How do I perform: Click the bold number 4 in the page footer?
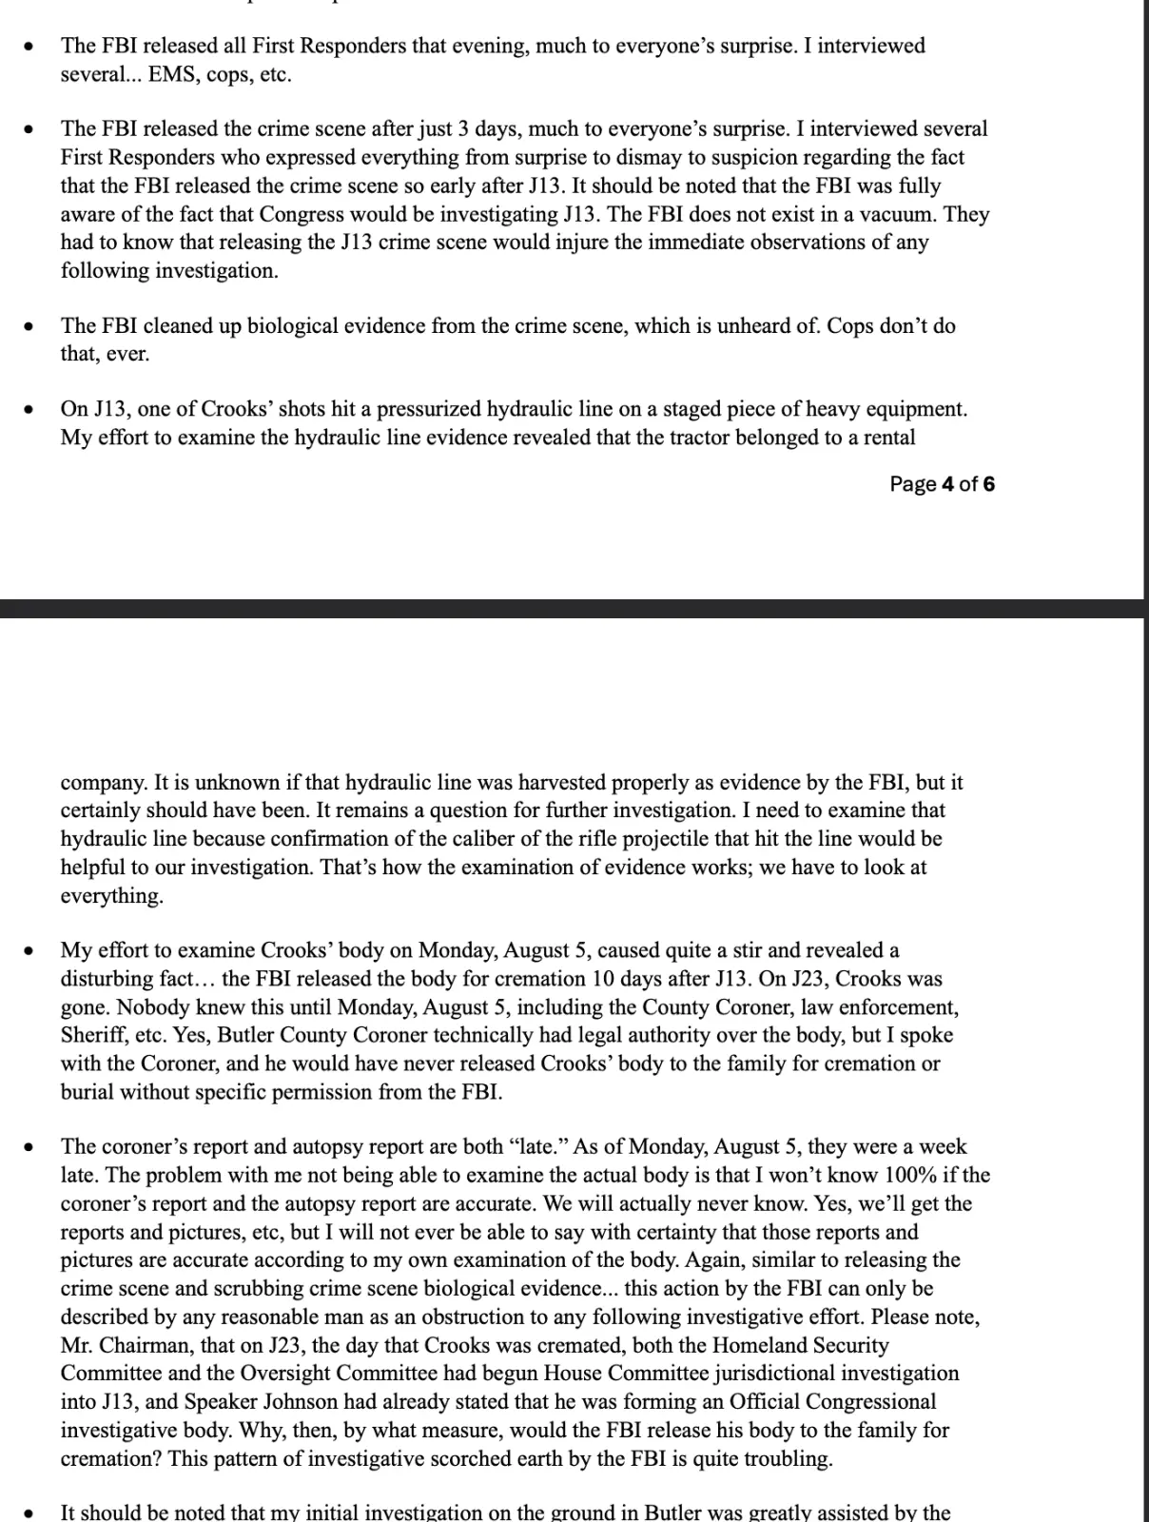[947, 484]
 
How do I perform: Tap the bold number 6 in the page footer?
[989, 484]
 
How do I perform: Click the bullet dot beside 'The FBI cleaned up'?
[31, 326]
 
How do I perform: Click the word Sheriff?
[90, 1035]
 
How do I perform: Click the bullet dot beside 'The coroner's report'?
[31, 1147]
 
